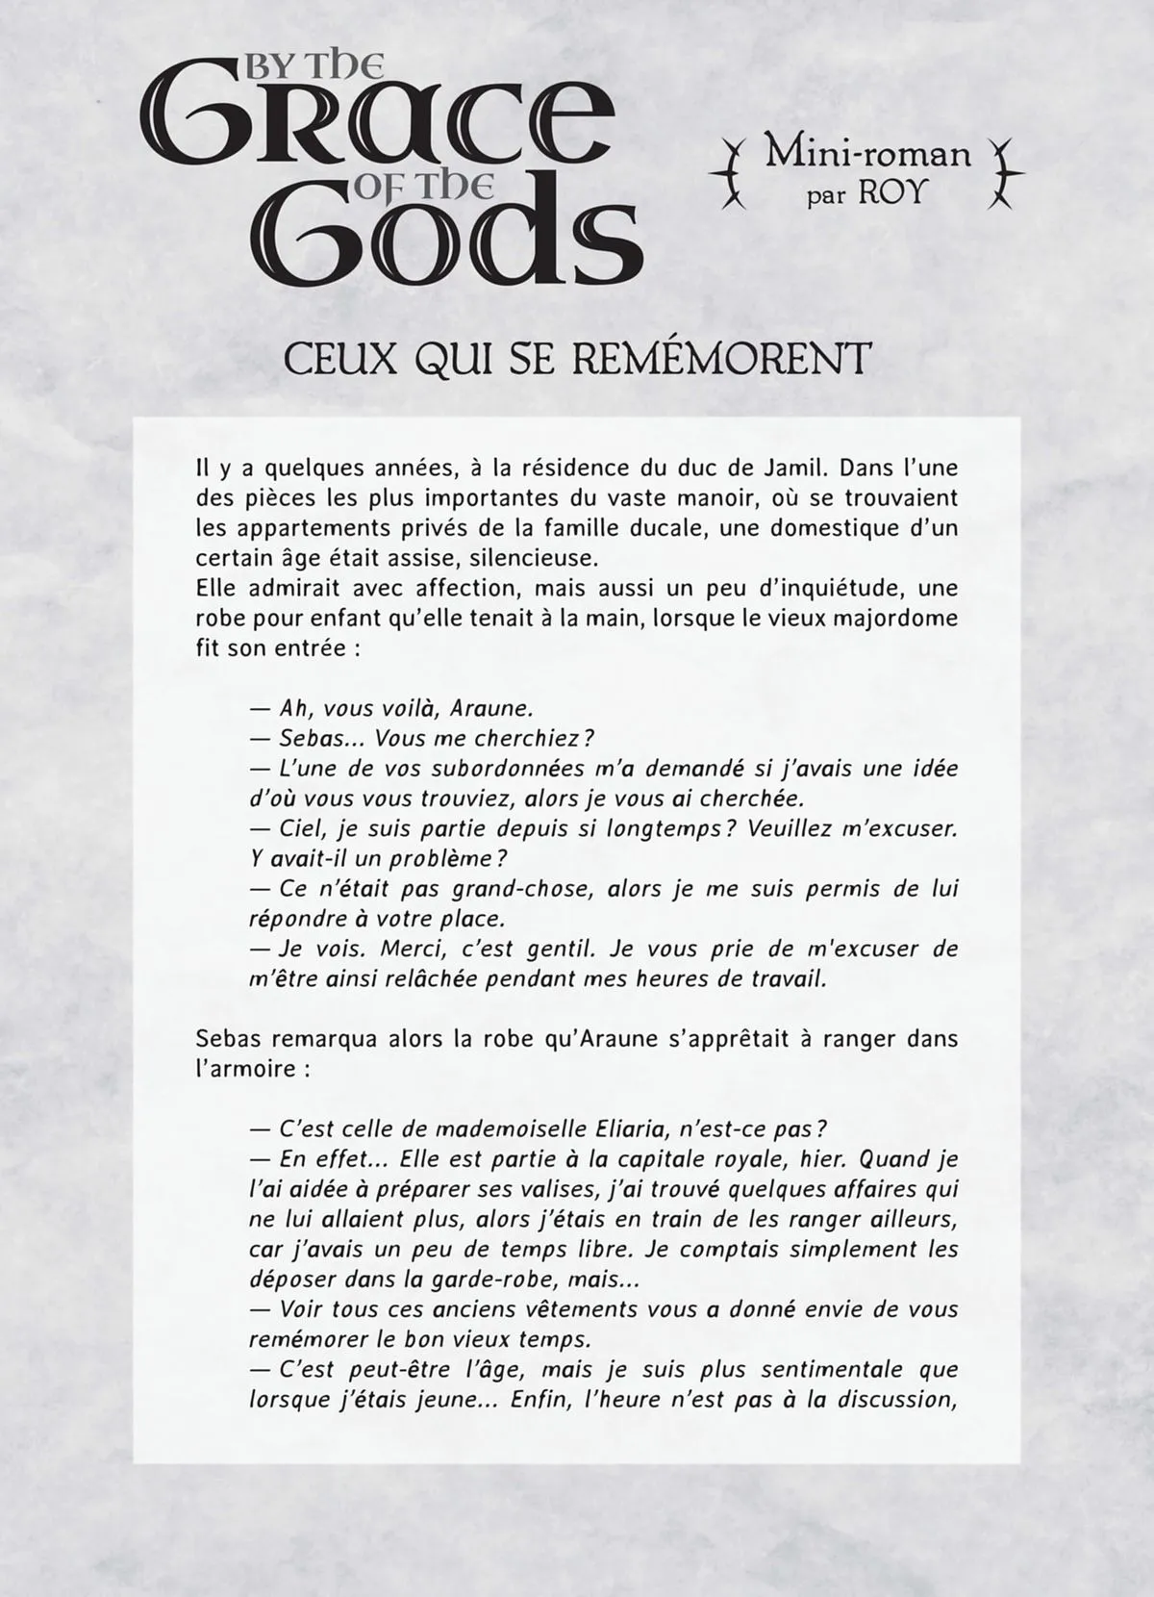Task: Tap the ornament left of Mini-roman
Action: tap(734, 173)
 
